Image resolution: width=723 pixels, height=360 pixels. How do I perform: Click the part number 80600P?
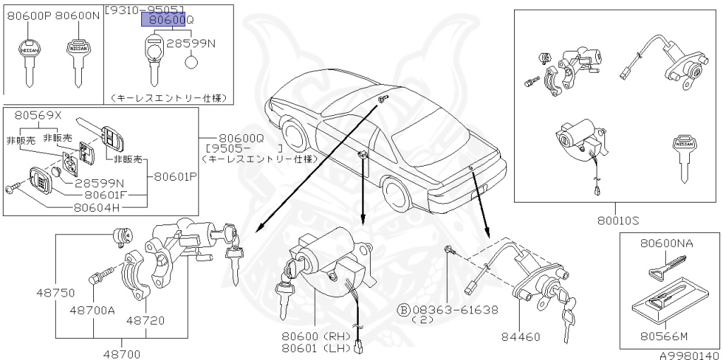coord(28,15)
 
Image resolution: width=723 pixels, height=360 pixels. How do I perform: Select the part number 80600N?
coord(78,15)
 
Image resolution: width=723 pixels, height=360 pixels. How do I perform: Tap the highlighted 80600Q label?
coord(167,20)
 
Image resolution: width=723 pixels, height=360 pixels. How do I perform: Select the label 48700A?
coord(92,309)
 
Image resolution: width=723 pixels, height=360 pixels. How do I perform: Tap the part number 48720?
coord(145,320)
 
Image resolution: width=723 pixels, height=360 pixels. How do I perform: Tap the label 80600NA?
coord(667,243)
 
